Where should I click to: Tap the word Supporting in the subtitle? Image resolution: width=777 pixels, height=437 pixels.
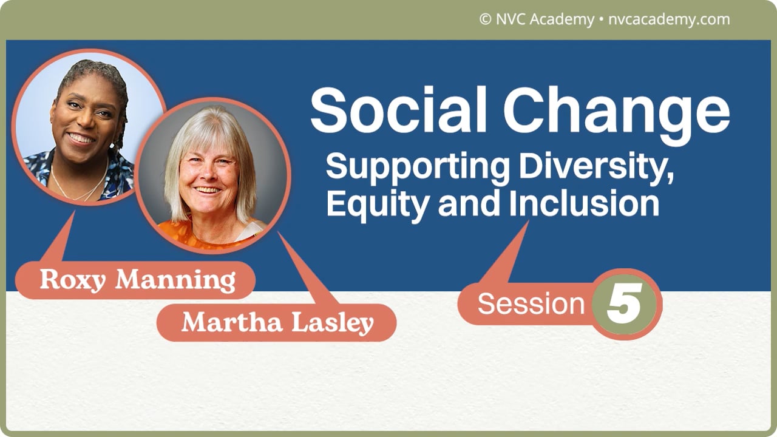coord(418,168)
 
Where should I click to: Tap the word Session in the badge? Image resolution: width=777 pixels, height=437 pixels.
coord(531,303)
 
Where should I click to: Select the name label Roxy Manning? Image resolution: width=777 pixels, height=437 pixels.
coord(136,280)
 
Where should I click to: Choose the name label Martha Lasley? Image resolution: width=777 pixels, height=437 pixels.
coord(277,323)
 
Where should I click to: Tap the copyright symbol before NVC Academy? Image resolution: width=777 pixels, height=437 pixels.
coord(484,19)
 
